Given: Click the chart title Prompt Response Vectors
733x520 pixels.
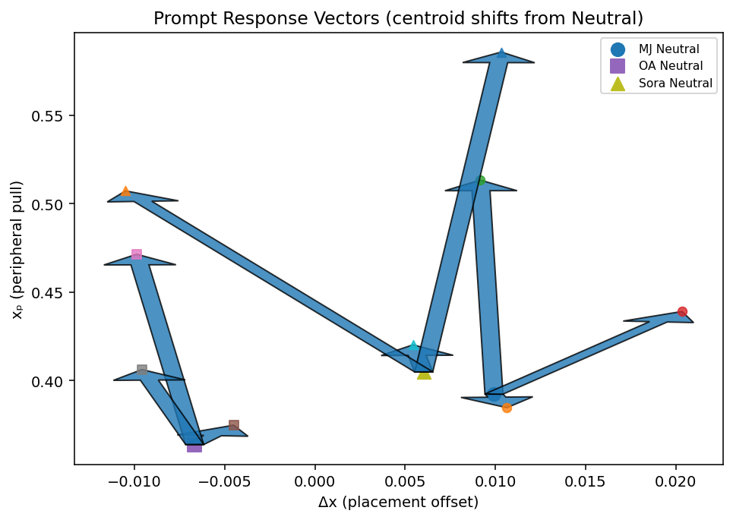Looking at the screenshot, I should (398, 18).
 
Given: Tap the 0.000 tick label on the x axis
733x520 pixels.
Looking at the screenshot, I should (314, 480).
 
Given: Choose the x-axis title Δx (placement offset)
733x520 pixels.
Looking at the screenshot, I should (398, 502).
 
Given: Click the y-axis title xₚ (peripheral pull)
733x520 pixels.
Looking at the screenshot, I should (17, 249).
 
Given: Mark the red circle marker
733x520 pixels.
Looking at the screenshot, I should (682, 312).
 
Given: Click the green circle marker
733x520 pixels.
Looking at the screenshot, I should (480, 180).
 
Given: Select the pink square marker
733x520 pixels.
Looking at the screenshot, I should (137, 254).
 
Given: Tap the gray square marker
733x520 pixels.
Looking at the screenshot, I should (142, 370).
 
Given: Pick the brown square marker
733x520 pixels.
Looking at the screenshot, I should (234, 425).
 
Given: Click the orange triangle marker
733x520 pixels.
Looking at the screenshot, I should (125, 191).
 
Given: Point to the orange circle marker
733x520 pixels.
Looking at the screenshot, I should (507, 408).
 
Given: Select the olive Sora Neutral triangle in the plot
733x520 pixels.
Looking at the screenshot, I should (424, 373).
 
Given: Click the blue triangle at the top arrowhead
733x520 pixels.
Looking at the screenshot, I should (501, 53).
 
